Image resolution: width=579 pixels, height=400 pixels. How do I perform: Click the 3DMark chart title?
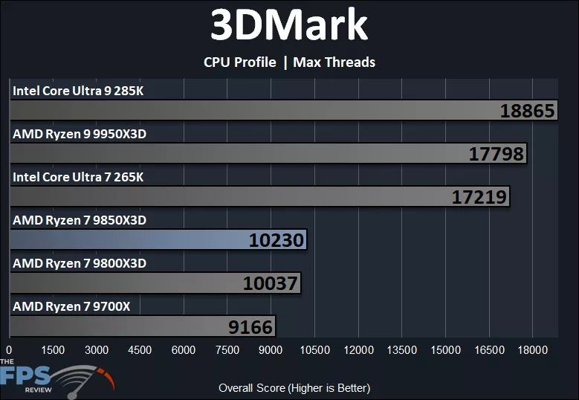[289, 26]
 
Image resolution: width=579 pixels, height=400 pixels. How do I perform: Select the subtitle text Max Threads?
[334, 62]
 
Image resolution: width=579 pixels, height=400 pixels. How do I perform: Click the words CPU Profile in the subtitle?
[239, 62]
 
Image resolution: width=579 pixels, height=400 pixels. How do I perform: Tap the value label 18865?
[527, 111]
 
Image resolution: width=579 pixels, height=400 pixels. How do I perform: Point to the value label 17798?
[496, 154]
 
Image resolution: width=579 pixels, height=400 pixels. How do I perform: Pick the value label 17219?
[479, 197]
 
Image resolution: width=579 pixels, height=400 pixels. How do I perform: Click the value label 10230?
[276, 240]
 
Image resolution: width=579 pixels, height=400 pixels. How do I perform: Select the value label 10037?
[270, 283]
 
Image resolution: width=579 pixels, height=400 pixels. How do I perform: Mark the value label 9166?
[250, 326]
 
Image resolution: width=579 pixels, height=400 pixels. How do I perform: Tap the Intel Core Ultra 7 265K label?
[78, 178]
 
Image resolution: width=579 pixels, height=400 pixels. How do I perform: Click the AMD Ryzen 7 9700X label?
[71, 306]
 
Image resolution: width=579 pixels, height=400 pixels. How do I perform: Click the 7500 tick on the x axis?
[227, 350]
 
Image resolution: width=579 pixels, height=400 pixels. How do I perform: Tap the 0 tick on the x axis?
[9, 350]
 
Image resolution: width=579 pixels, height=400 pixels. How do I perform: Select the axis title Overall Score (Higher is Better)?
[294, 388]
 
